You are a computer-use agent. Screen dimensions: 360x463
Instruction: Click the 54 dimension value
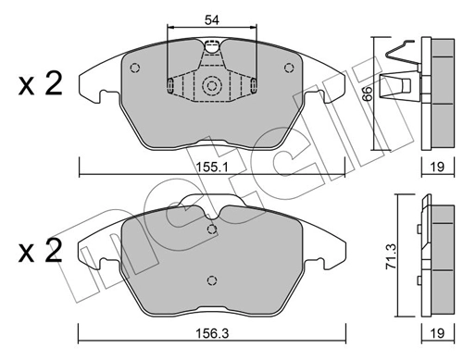[x=211, y=18]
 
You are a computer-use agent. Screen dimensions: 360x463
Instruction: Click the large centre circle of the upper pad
[x=211, y=88]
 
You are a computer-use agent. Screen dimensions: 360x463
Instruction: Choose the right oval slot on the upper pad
[x=252, y=87]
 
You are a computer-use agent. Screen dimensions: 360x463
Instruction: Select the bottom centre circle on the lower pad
[x=211, y=283]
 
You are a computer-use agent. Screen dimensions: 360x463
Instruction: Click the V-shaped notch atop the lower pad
[x=211, y=217]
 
